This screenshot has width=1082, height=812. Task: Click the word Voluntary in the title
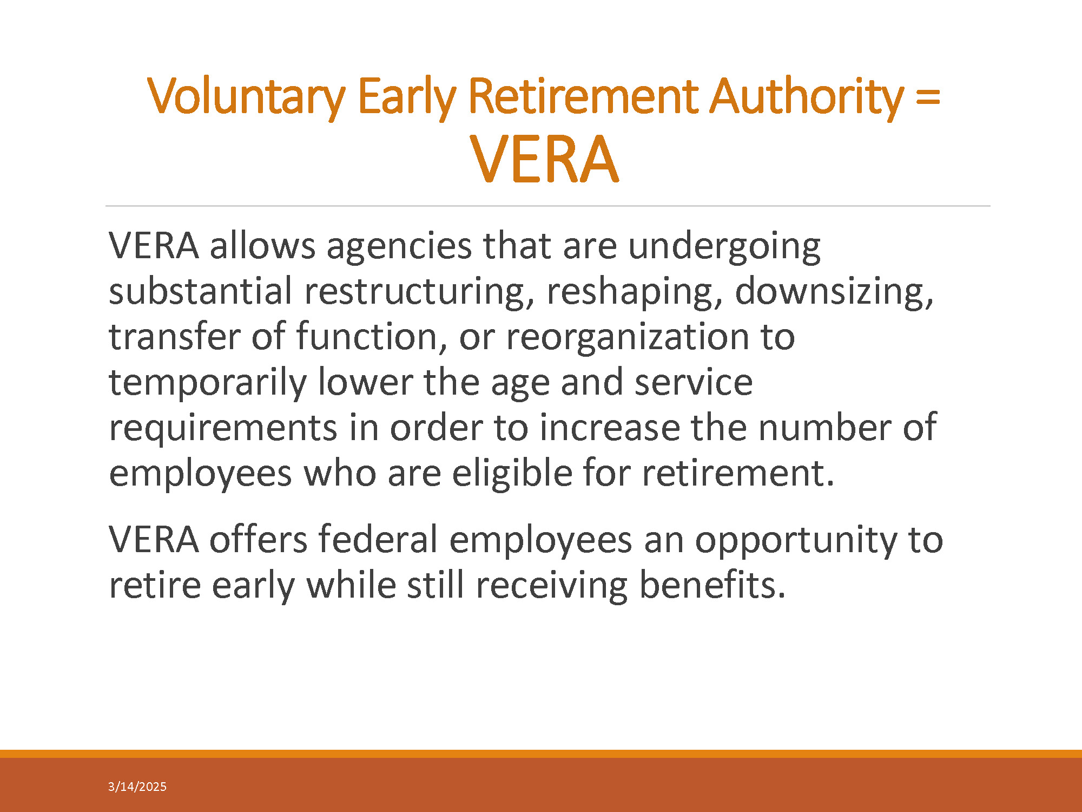pyautogui.click(x=246, y=97)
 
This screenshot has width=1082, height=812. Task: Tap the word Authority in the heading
pyautogui.click(x=807, y=97)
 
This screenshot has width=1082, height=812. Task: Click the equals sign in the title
pyautogui.click(x=928, y=97)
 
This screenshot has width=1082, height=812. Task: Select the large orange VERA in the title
pyautogui.click(x=544, y=160)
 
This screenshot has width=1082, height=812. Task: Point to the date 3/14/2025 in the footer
pyautogui.click(x=137, y=787)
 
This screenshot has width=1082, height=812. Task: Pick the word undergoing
pyautogui.click(x=724, y=247)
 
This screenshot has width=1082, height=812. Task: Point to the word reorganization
pyautogui.click(x=628, y=338)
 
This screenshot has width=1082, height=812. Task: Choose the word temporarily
pyautogui.click(x=208, y=383)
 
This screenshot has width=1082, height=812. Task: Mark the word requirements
pyautogui.click(x=223, y=429)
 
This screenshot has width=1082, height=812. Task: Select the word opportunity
pyautogui.click(x=795, y=541)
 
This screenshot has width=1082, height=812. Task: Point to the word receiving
pyautogui.click(x=552, y=587)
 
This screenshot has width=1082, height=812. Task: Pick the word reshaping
pyautogui.click(x=635, y=292)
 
